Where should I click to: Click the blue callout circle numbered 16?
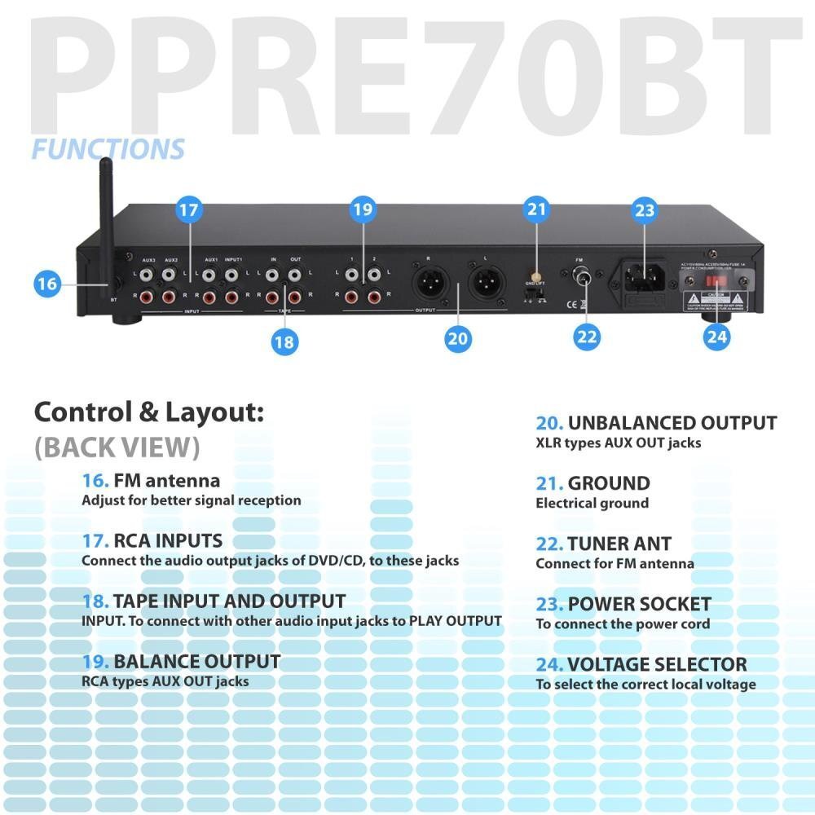click(x=48, y=284)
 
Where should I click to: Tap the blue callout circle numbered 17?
click(x=188, y=209)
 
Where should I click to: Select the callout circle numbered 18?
click(x=284, y=342)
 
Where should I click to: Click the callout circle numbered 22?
click(x=587, y=336)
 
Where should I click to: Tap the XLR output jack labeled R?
click(x=428, y=285)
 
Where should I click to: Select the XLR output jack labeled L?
click(x=485, y=285)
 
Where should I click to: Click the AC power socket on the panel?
click(x=643, y=275)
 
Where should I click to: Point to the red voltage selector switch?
click(x=716, y=280)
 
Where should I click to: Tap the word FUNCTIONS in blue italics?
click(x=108, y=149)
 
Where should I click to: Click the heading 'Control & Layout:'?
click(x=149, y=412)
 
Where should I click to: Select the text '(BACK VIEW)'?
click(x=117, y=447)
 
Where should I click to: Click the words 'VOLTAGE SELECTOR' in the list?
click(x=657, y=664)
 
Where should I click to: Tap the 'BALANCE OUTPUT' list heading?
click(x=196, y=661)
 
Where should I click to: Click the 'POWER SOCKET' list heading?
click(x=639, y=604)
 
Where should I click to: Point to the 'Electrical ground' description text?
click(x=592, y=503)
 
